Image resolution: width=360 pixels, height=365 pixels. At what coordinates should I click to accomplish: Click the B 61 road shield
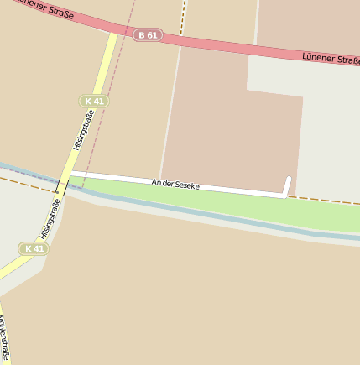[x=147, y=34]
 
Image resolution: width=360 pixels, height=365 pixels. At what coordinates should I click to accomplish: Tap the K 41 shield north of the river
[x=95, y=101]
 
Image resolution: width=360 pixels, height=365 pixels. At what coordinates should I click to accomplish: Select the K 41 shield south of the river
[x=34, y=249]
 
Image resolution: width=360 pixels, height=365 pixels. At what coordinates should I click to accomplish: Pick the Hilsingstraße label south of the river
[x=50, y=219]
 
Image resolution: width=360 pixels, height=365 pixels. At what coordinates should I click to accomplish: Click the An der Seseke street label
[x=175, y=183]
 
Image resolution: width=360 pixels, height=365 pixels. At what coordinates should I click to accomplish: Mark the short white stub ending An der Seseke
[x=287, y=185]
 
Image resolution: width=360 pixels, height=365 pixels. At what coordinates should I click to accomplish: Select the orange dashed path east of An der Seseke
[x=327, y=201]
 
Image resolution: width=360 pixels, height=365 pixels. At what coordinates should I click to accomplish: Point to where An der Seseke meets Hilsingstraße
[x=69, y=173]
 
